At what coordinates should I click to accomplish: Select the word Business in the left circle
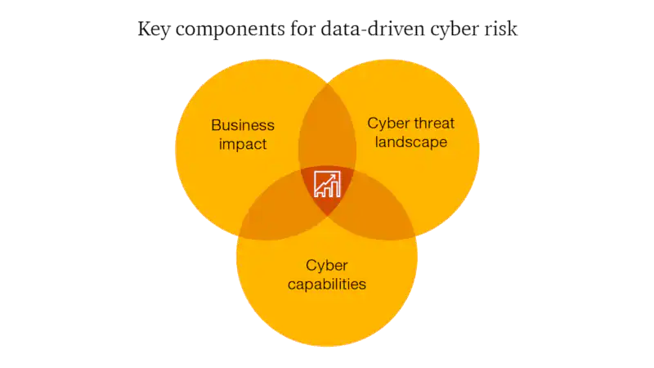click(243, 125)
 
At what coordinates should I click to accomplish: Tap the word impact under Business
click(243, 144)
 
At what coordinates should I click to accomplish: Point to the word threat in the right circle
click(433, 123)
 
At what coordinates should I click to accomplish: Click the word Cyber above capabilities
click(327, 265)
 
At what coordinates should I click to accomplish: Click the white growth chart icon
click(327, 183)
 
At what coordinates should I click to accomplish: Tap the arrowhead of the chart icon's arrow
click(337, 173)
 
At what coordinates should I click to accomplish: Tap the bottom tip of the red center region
click(327, 215)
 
